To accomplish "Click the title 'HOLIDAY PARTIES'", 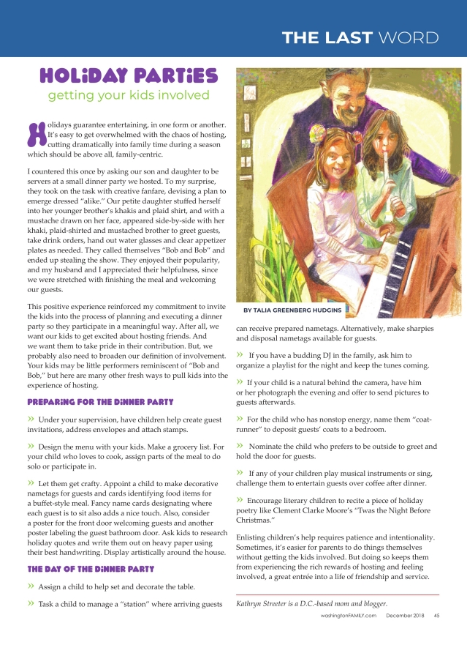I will (129, 75).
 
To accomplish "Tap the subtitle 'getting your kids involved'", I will (129, 95).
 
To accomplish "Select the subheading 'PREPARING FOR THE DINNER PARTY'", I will (100, 402).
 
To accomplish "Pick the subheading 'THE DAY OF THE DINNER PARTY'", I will (90, 568).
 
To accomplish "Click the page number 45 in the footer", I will (436, 616).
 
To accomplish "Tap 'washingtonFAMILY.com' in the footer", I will (348, 616).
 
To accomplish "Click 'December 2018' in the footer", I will (404, 616).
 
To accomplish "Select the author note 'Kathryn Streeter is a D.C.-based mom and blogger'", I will (311, 603).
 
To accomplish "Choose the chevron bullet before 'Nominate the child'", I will (240, 446).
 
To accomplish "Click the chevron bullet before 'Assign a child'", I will (31, 586).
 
